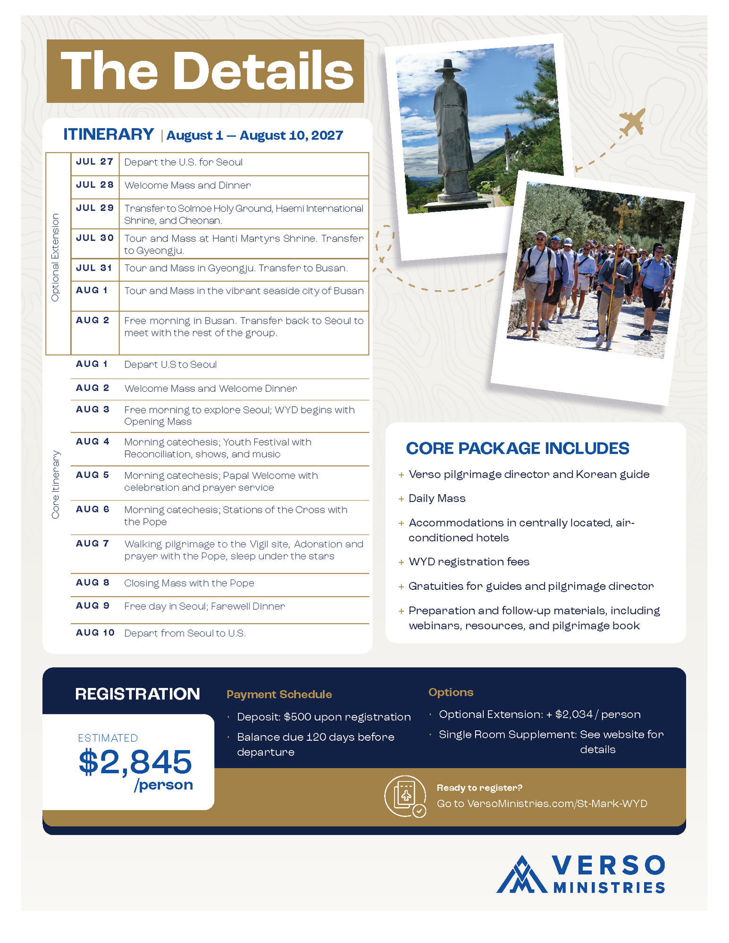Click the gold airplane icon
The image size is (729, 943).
click(632, 122)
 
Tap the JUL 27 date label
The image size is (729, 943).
click(94, 162)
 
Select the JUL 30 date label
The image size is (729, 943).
click(94, 238)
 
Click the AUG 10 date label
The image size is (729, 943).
click(95, 633)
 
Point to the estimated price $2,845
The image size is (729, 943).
click(135, 761)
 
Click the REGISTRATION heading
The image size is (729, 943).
click(137, 694)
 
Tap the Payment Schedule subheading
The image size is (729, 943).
click(279, 695)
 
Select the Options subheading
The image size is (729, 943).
click(451, 692)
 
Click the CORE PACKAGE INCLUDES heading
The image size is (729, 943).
click(517, 448)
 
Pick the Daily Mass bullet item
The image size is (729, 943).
click(437, 498)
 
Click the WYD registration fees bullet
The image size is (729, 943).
click(469, 562)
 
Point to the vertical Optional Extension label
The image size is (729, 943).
click(56, 257)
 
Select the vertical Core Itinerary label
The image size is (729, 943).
click(56, 485)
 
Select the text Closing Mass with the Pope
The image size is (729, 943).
click(189, 583)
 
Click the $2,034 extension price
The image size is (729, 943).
click(573, 714)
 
